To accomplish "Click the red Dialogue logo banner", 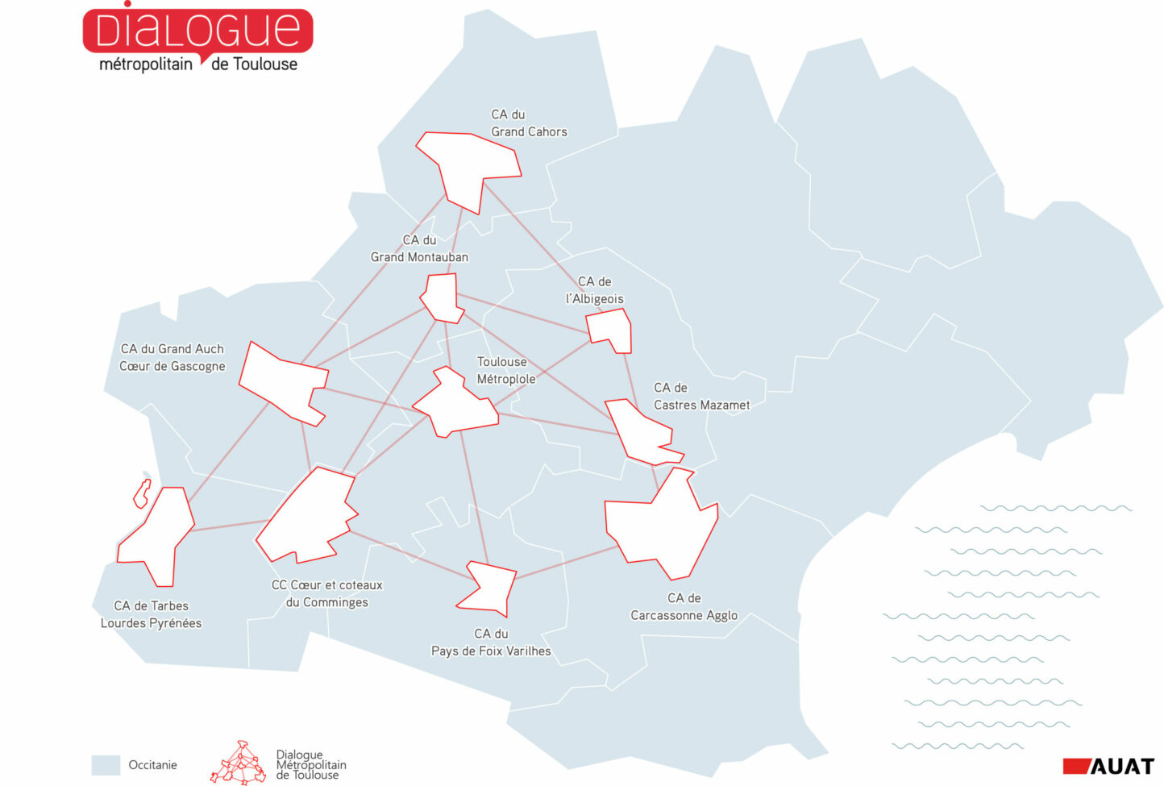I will (197, 31).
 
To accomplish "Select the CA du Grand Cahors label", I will (529, 123).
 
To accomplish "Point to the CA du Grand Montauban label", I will (419, 248).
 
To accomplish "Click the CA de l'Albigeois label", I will (595, 290).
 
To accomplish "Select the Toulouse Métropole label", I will (505, 370).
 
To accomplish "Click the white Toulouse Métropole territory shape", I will (456, 404).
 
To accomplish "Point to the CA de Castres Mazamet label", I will (701, 397).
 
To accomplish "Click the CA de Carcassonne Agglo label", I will (684, 607).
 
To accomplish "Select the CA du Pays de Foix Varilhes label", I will (491, 643).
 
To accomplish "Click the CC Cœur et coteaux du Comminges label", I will (327, 593).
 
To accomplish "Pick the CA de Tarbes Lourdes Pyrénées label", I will (151, 614).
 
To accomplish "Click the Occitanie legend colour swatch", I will (106, 765).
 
